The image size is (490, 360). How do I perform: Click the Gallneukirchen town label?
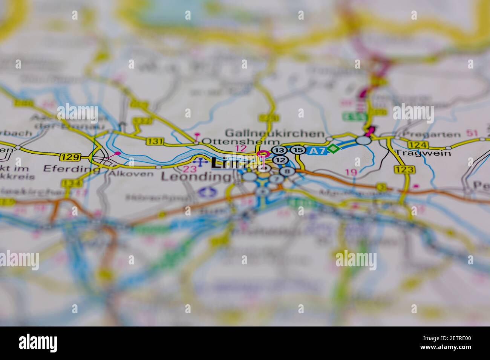[x=274, y=133]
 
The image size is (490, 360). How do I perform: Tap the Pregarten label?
[x=431, y=134]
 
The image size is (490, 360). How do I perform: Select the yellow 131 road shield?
[x=155, y=141]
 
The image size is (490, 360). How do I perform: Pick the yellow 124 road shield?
[x=418, y=145]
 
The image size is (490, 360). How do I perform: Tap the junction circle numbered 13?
[x=279, y=150]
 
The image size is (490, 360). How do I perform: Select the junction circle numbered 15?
[x=298, y=150]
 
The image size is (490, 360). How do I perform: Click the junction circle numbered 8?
[x=287, y=171]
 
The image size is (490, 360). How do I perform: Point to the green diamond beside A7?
[x=332, y=149]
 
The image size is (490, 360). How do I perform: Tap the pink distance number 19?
[x=351, y=172]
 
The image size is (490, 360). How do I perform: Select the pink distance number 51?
[x=472, y=133]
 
